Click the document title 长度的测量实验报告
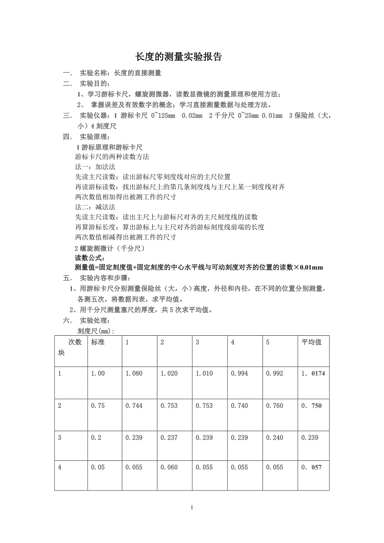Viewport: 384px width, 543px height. (179, 57)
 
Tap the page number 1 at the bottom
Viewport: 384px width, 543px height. (192, 508)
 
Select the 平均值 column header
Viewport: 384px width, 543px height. (311, 342)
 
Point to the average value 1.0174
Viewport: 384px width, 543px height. (313, 374)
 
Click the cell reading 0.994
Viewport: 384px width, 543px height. (239, 374)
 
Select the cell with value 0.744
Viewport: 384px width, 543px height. (134, 406)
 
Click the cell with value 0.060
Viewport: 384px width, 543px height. (169, 468)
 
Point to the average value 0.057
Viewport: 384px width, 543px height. (311, 468)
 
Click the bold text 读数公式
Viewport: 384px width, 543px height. (90, 258)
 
